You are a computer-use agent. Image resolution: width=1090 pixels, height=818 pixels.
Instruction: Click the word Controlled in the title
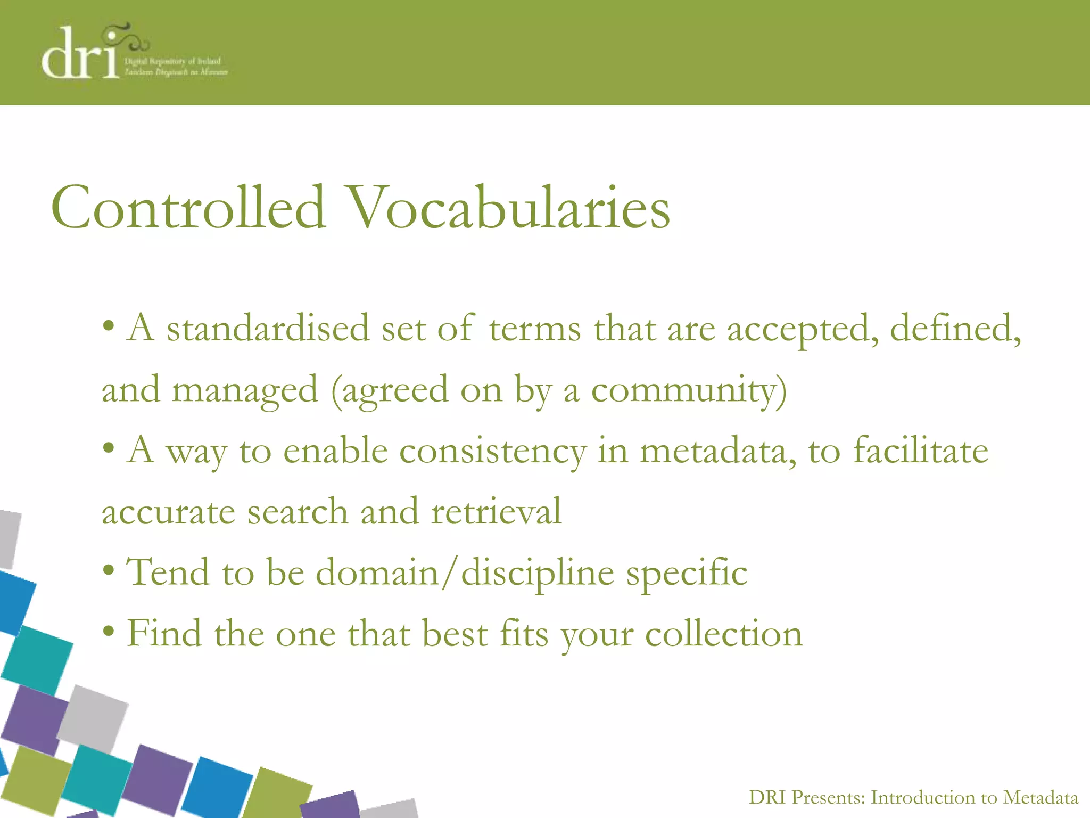tap(188, 208)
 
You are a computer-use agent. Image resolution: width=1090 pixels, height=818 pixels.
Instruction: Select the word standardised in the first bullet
tap(268, 329)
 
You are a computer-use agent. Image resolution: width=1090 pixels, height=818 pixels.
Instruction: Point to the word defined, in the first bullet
tap(955, 329)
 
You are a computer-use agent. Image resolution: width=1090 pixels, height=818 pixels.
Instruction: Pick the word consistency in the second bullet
tap(493, 452)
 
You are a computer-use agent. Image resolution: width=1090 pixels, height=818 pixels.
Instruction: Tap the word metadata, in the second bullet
tap(718, 452)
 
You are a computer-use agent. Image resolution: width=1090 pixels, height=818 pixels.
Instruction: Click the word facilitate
tap(921, 452)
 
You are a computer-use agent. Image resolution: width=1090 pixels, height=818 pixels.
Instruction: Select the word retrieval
tap(496, 512)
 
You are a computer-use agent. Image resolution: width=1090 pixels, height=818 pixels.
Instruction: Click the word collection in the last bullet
tap(724, 634)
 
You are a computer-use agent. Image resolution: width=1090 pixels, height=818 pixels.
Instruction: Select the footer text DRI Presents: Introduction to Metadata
tap(913, 797)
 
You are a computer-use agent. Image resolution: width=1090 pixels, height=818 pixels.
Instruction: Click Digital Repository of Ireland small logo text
tap(172, 61)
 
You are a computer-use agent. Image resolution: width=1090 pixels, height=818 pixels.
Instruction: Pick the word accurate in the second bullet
tap(168, 512)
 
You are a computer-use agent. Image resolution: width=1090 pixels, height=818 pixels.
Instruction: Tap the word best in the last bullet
tap(455, 634)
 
